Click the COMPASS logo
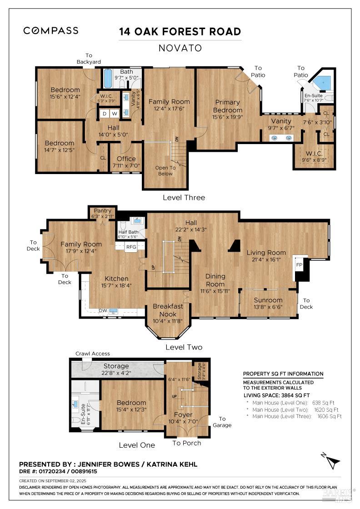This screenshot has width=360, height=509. [x=51, y=31]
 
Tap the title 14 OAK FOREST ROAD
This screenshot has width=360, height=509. [x=180, y=32]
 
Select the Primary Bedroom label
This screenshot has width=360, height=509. [x=228, y=106]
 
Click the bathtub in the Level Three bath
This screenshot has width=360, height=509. [x=108, y=79]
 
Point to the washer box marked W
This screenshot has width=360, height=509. [x=114, y=113]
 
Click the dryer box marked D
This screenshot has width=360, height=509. [x=105, y=113]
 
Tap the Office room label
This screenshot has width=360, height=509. [x=126, y=159]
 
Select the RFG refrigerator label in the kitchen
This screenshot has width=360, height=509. [x=131, y=247]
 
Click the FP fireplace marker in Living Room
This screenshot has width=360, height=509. [x=299, y=264]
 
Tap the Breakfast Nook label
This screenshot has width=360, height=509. [x=168, y=309]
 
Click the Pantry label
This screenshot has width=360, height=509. [x=103, y=211]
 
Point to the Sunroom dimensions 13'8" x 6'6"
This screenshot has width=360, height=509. [x=268, y=307]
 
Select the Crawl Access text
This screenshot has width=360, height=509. [x=93, y=354]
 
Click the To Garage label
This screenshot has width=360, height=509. [x=222, y=422]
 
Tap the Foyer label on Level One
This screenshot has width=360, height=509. [x=183, y=414]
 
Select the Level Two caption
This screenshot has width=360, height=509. [x=184, y=347]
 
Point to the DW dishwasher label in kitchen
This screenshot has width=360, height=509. [x=103, y=311]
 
